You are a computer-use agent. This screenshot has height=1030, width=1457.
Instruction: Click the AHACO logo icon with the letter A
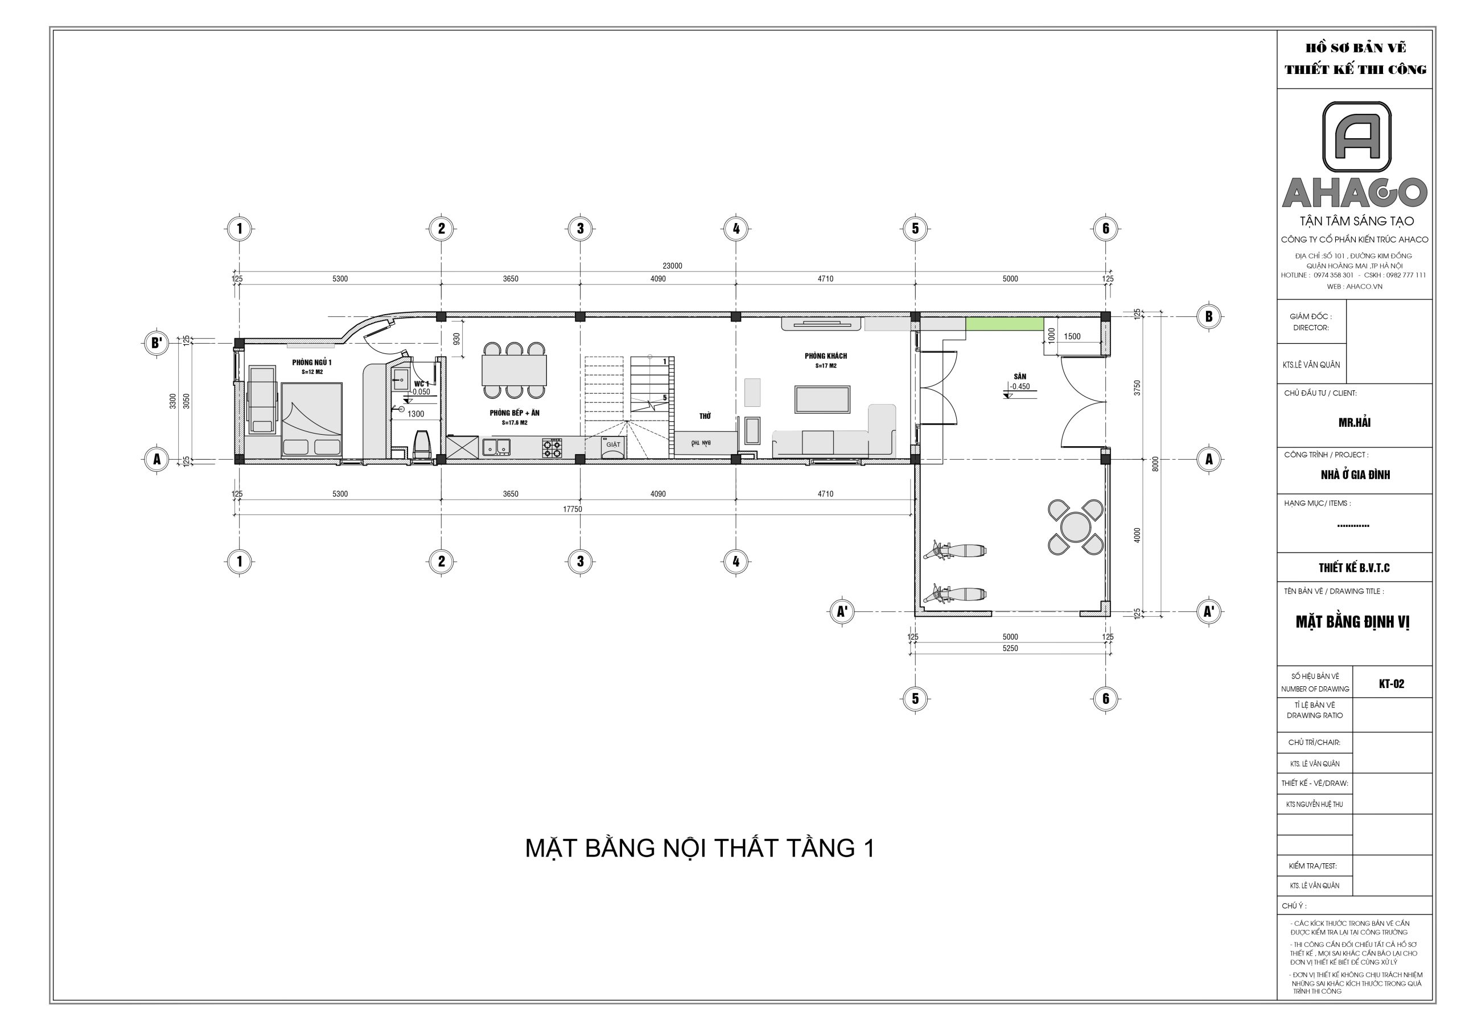1356,137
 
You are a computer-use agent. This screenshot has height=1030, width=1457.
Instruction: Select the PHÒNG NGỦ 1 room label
311,362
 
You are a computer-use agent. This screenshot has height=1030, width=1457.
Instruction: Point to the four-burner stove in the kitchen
551,448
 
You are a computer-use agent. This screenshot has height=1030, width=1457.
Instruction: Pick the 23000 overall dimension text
672,266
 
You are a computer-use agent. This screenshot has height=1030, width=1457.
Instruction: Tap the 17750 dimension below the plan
573,509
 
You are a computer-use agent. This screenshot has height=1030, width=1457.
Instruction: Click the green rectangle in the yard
1004,324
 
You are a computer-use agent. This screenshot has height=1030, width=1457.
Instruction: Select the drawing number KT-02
1391,683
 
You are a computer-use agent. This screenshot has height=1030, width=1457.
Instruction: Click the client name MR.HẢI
1354,422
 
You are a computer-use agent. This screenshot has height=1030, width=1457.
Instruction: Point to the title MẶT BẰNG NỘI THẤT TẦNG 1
699,848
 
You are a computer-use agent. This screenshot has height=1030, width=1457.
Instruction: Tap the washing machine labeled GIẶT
613,446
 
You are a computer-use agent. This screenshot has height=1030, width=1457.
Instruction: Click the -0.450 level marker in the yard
1020,386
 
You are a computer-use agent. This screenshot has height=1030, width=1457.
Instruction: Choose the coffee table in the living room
822,399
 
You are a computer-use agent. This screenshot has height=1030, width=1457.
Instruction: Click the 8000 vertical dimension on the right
1155,464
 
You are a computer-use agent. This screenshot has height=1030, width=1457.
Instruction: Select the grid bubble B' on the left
156,343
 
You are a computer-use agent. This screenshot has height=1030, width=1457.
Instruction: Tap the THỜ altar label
705,415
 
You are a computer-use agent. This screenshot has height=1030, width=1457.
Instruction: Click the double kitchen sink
496,447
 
